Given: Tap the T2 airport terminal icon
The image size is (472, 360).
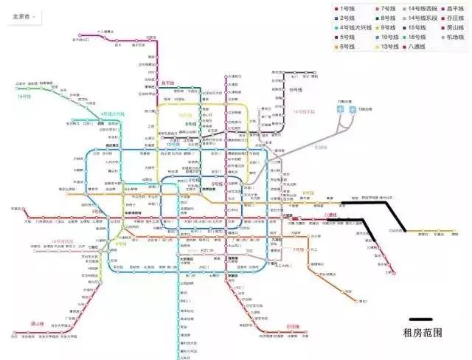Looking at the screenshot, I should (x=341, y=109).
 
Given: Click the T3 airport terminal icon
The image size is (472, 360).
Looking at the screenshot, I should (x=353, y=109).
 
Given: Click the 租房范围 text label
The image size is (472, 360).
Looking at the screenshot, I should (x=420, y=333).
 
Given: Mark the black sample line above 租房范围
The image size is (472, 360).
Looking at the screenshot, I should (x=420, y=320).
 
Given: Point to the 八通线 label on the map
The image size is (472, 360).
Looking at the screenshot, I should (x=330, y=215).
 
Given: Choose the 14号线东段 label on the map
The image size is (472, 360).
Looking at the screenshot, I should (x=303, y=111).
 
